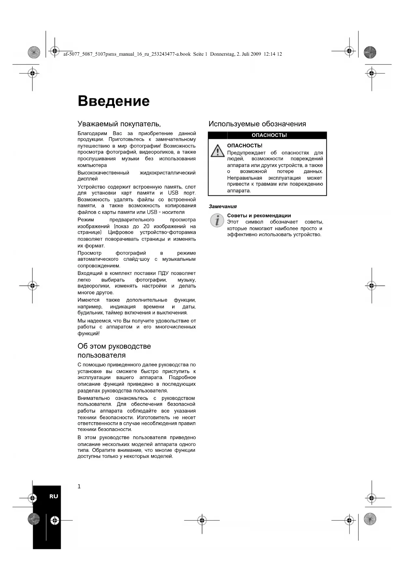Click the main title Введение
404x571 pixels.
point(114,101)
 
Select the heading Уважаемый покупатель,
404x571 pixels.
point(119,124)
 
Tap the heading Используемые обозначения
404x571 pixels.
point(257,124)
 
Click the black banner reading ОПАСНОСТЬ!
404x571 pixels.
point(269,135)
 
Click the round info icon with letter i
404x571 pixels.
point(217,220)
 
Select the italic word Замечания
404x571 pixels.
point(223,206)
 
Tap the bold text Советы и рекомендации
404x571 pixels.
point(259,216)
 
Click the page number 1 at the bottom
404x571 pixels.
point(79,487)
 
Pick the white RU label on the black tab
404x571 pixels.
point(54,496)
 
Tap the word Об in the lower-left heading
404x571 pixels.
point(82,346)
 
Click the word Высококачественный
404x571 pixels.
point(103,173)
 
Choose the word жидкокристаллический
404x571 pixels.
point(168,173)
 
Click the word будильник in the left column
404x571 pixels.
point(90,313)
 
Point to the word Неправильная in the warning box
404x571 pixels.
point(244,178)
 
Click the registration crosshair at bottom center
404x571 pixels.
point(202,520)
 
